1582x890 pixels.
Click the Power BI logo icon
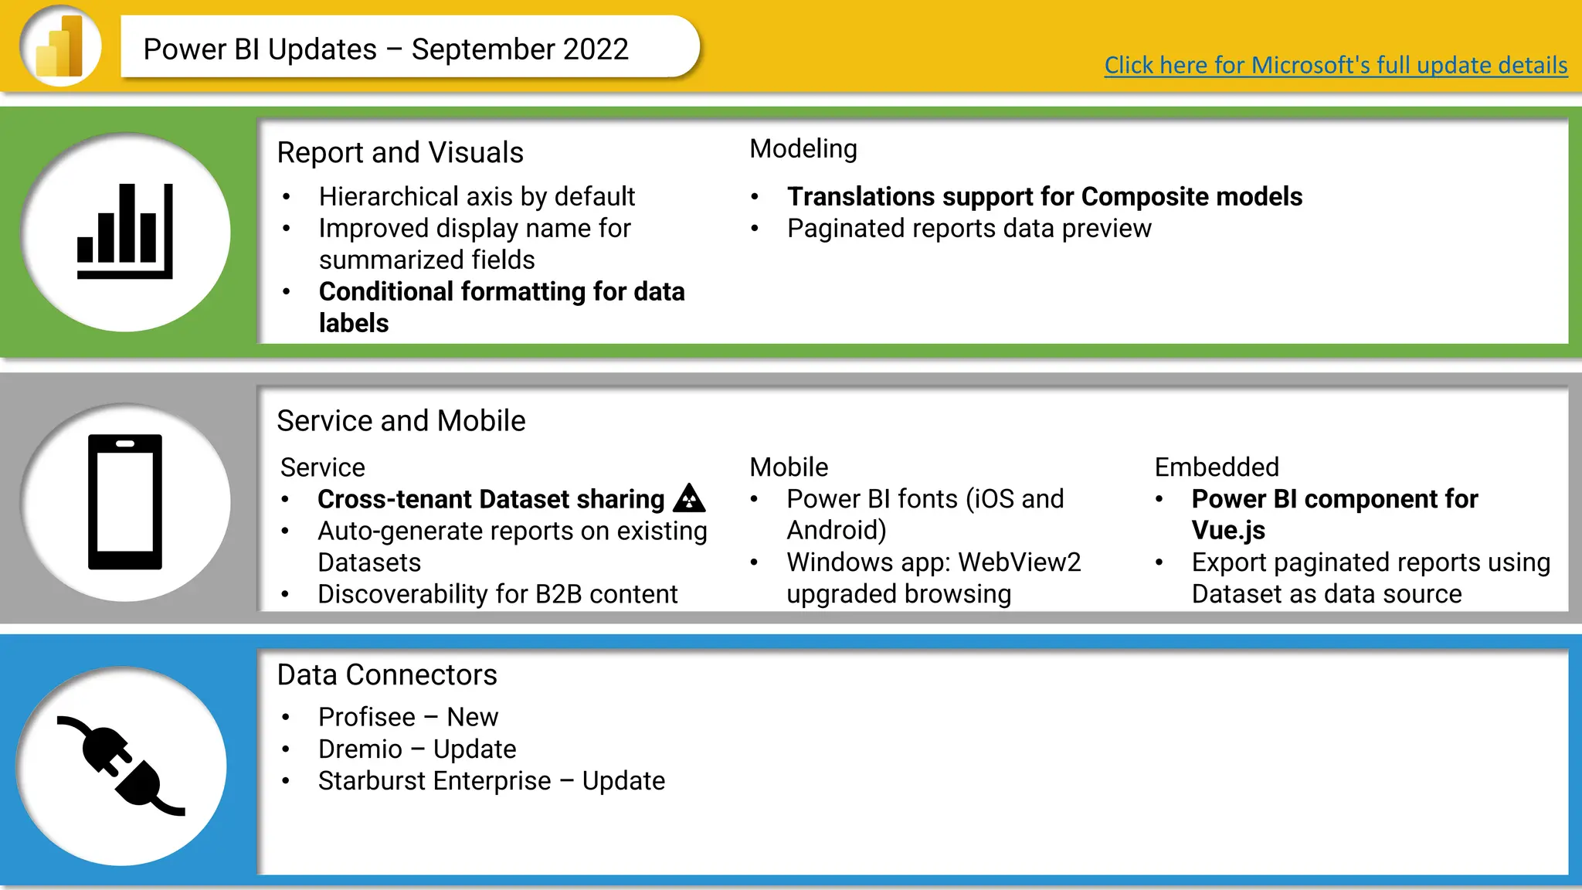pos(60,46)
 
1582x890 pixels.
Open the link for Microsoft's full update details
pos(1336,65)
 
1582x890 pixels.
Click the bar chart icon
pos(125,231)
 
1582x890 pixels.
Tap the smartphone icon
pos(125,502)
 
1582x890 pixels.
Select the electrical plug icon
pos(121,766)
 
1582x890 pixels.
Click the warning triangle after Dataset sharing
pos(689,498)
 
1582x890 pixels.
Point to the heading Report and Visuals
pos(400,152)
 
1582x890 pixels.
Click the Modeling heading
pos(803,148)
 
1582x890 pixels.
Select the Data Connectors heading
pos(387,674)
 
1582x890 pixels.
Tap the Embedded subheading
pos(1217,467)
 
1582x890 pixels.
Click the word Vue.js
pos(1228,531)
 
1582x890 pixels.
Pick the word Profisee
pos(367,717)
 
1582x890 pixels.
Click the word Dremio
pos(360,749)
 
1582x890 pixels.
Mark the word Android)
pos(837,531)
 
